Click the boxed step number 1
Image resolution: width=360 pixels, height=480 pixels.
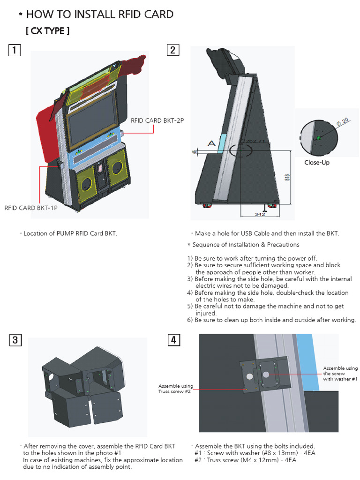pyautogui.click(x=15, y=50)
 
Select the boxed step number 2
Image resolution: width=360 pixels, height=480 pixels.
pyautogui.click(x=173, y=50)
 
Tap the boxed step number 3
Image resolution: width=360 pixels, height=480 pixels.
pyautogui.click(x=15, y=340)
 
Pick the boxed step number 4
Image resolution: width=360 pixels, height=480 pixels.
pyautogui.click(x=173, y=340)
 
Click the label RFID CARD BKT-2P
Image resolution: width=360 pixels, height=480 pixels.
pyautogui.click(x=157, y=120)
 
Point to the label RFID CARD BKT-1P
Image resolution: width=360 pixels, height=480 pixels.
pyautogui.click(x=31, y=208)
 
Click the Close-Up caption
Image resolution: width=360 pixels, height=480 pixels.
pyautogui.click(x=316, y=163)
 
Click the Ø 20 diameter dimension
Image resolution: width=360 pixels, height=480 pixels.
pyautogui.click(x=342, y=121)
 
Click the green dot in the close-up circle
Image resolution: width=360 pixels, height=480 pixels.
pyautogui.click(x=318, y=137)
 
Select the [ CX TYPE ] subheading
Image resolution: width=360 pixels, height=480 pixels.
pyautogui.click(x=47, y=31)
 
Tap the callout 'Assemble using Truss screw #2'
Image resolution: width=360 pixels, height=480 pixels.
pyautogui.click(x=175, y=389)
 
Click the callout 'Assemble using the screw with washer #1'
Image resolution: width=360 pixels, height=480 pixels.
pyautogui.click(x=340, y=374)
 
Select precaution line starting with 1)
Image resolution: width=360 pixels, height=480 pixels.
pyautogui.click(x=252, y=258)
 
